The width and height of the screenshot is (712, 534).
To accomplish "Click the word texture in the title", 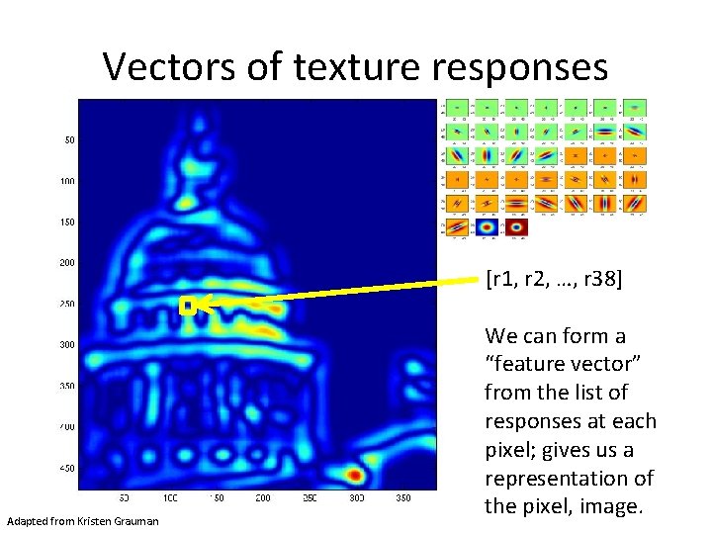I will [x=331, y=66].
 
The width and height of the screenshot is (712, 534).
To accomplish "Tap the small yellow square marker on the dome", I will [x=187, y=306].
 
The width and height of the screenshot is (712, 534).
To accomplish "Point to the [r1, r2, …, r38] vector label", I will [x=555, y=280].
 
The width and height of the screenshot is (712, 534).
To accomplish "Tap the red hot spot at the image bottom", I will [x=352, y=477].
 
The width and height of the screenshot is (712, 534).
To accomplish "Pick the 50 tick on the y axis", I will [x=69, y=139].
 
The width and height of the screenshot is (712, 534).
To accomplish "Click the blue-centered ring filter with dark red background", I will [x=486, y=227].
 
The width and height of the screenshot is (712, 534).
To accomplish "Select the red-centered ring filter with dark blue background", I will [x=515, y=227].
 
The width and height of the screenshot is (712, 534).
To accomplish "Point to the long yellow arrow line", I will [x=336, y=293].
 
